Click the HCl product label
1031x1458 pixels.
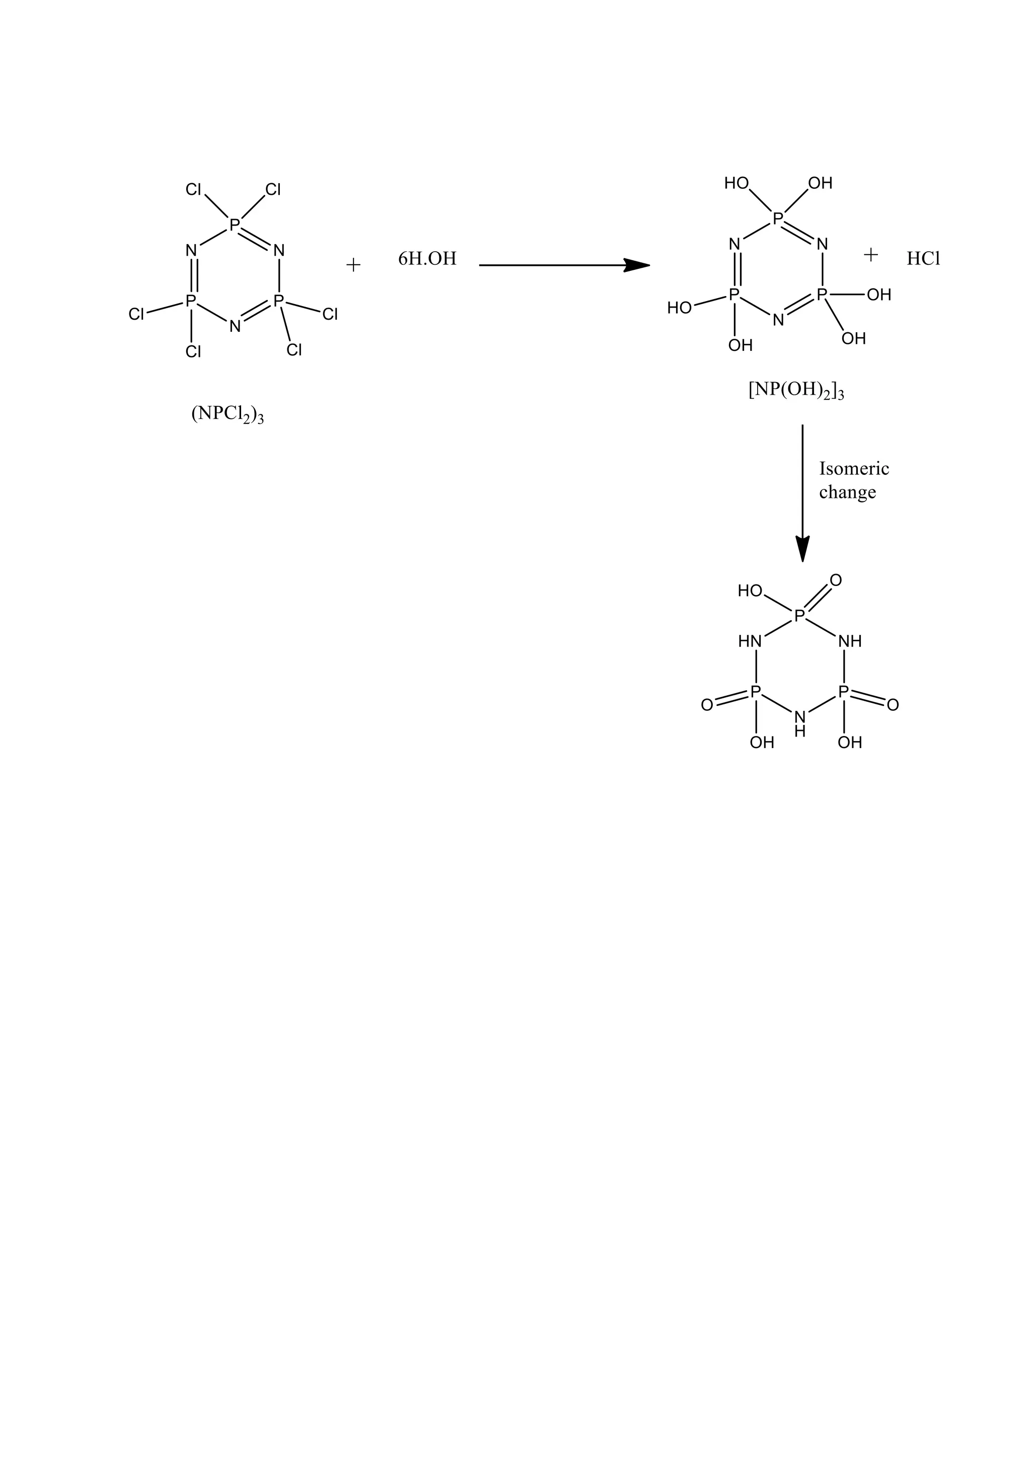923,259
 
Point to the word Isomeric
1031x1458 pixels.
854,469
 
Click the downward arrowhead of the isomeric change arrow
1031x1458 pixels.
802,549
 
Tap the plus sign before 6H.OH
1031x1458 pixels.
353,265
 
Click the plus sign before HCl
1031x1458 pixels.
870,255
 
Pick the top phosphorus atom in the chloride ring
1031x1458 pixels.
234,224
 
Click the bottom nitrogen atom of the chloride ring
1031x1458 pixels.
235,326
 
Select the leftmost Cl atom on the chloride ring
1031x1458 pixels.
136,314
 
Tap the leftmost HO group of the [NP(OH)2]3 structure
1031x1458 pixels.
679,308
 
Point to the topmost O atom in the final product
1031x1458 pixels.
836,580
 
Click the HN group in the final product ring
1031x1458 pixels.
749,641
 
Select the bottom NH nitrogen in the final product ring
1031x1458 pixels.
800,718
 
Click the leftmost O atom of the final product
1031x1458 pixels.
707,705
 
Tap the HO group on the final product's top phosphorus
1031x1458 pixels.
750,591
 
